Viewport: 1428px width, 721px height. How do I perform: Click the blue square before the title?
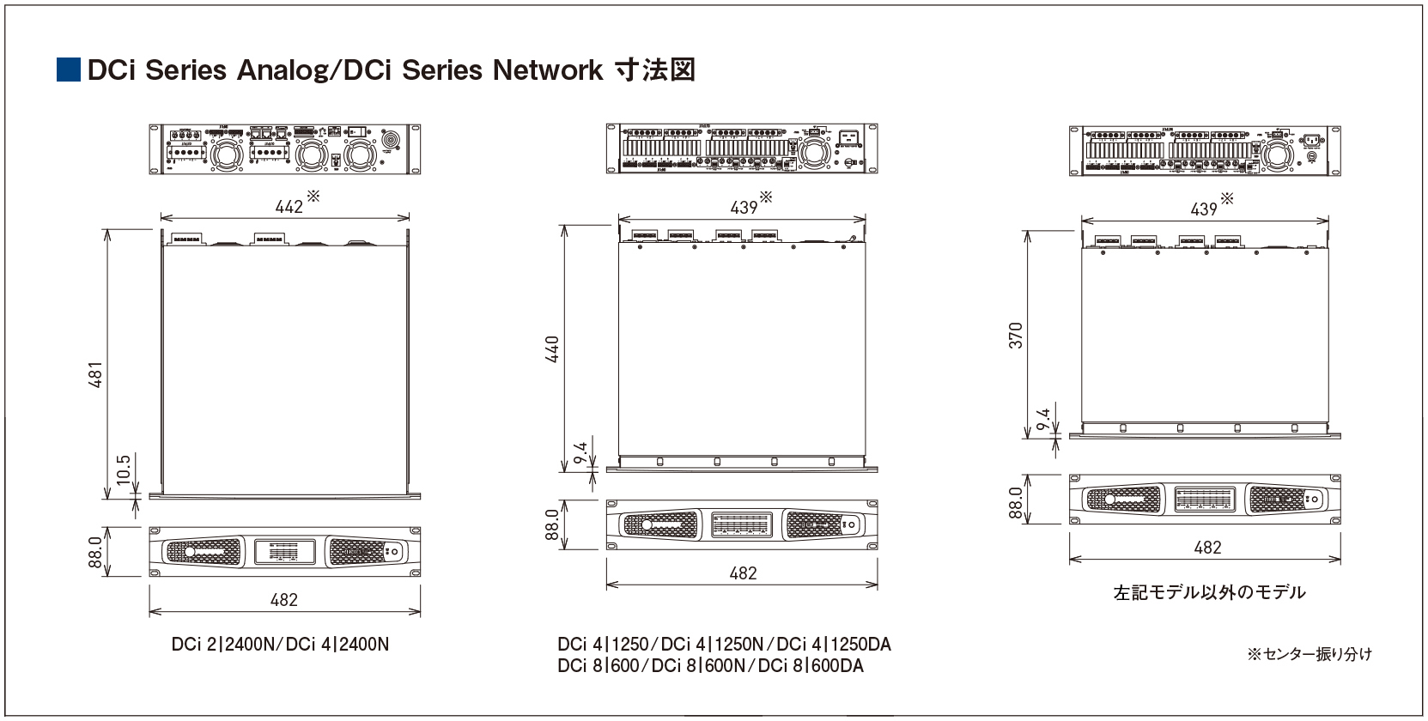[69, 70]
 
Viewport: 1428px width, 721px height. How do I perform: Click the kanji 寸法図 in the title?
[654, 70]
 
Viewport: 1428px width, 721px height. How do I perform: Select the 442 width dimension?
[289, 207]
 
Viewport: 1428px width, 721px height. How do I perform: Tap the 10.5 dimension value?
[124, 470]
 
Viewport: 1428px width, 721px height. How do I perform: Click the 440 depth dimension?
[552, 349]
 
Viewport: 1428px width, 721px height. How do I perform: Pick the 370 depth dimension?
[1016, 336]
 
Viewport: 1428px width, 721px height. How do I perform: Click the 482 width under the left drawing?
[284, 600]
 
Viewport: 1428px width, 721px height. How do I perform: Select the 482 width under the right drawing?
[1207, 548]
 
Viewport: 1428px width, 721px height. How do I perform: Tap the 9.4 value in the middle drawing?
[581, 453]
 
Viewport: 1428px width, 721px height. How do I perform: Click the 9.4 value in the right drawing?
[1043, 420]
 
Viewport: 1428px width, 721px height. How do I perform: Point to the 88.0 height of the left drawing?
[95, 552]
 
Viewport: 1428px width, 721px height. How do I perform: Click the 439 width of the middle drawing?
[744, 208]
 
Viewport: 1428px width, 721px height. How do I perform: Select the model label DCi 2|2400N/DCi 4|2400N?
[280, 645]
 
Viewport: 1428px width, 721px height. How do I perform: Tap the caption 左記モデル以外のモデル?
[1209, 592]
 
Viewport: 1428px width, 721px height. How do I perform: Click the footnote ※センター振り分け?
[1310, 654]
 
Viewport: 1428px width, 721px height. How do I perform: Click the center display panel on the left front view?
[284, 552]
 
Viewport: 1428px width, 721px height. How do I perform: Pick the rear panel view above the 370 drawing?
[1204, 151]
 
